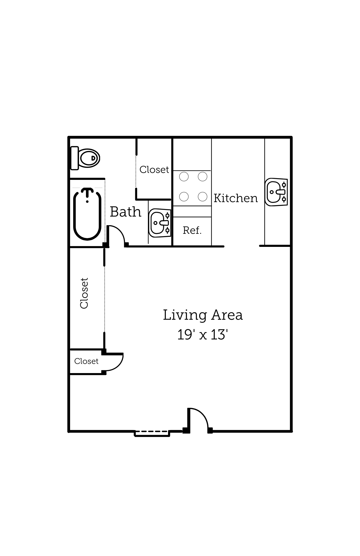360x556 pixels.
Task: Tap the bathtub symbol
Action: coord(87,214)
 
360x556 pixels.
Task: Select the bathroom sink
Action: coord(160,223)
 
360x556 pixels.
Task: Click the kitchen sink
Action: coord(276,192)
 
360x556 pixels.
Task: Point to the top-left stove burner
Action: coord(184,177)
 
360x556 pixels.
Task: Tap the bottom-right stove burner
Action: coord(203,197)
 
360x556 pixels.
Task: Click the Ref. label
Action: coord(192,230)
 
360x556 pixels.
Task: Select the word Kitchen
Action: coord(236,198)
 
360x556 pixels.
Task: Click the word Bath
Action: coord(125,212)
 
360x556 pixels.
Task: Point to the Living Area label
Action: coord(203,315)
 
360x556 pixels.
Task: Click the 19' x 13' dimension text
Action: coord(203,335)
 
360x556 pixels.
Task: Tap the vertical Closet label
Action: coord(84,293)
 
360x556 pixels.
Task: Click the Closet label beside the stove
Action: coord(154,170)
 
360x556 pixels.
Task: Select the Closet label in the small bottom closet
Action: coord(86,361)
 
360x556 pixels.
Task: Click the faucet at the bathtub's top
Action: coord(87,192)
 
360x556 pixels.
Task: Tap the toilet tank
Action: coord(75,158)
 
